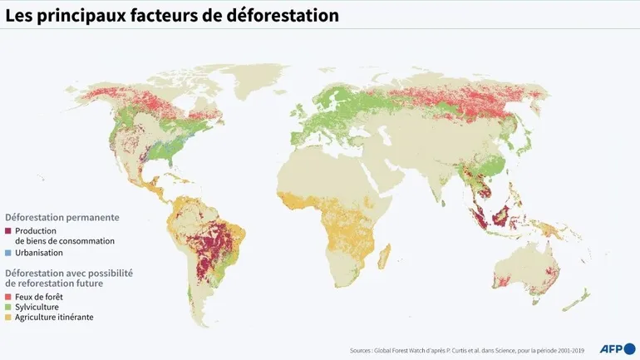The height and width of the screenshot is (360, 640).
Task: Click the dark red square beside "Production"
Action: (x=8, y=230)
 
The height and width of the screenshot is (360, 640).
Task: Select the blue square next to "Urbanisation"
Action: (x=8, y=253)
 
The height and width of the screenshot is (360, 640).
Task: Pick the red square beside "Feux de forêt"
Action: (x=8, y=297)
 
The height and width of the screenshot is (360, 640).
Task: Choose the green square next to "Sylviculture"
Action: (x=8, y=307)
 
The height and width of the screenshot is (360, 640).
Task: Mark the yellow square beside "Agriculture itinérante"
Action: (x=8, y=318)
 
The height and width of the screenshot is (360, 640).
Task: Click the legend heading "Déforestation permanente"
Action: (x=62, y=217)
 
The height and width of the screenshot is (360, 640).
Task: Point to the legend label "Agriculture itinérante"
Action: (x=53, y=318)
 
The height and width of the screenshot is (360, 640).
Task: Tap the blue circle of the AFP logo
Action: (x=629, y=348)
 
